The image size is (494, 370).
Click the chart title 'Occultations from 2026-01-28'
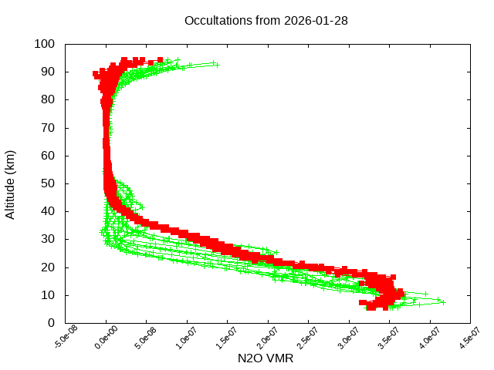point(266,20)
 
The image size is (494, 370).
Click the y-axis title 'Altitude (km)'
point(10,183)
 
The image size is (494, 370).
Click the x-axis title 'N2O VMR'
point(267,358)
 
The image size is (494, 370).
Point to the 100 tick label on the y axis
point(44,44)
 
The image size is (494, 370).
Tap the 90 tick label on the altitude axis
point(47,72)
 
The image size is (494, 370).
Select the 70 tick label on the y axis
point(47,127)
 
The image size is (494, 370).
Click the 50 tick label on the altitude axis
point(47,183)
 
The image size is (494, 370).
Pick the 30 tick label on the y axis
point(47,239)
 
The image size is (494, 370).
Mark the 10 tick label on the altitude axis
point(47,295)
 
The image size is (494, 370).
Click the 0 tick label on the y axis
point(50,323)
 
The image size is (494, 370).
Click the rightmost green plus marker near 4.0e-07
point(443,302)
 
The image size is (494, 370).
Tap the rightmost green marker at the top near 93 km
point(218,65)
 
